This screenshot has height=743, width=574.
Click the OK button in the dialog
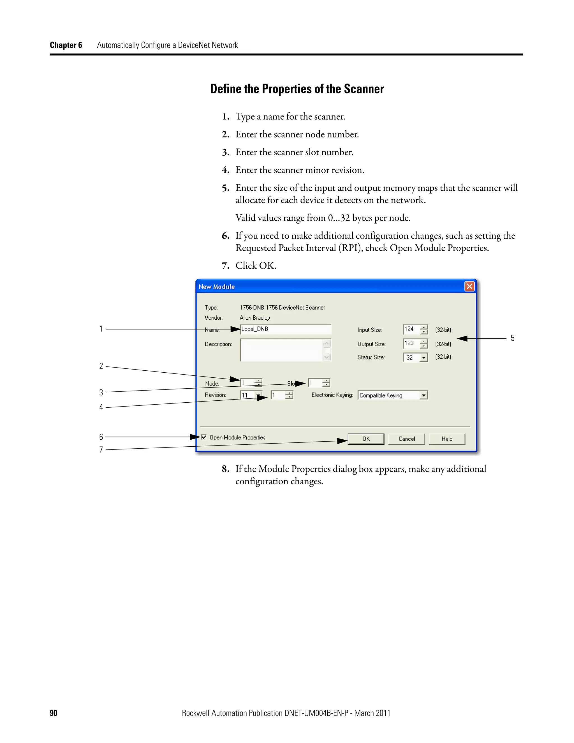pos(365,439)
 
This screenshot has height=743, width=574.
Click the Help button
pos(446,439)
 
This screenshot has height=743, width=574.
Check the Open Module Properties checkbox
pos(204,437)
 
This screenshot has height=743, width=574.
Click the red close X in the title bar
pos(469,287)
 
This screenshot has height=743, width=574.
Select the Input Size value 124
pos(410,329)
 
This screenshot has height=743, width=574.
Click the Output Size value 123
pos(410,344)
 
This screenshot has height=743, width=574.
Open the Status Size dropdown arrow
pos(423,358)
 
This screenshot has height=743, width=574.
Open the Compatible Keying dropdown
pos(423,395)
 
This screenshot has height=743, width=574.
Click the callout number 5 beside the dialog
pos(512,338)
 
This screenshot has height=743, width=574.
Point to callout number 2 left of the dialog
pos(101,366)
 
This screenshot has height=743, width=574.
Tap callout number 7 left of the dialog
pos(101,450)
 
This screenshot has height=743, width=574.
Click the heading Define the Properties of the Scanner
pos(297,89)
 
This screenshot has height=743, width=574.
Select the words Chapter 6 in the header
pos(66,45)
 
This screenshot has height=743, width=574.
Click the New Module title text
pos(216,287)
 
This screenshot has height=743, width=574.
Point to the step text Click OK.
pos(256,266)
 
